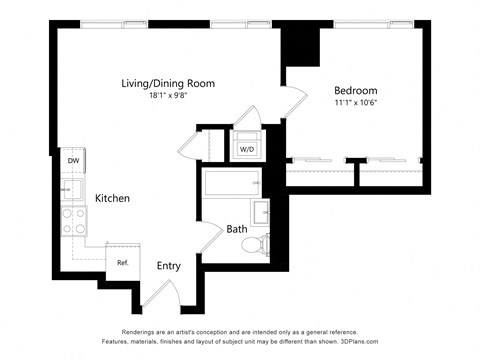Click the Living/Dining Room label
[x=168, y=83]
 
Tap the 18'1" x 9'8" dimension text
[x=168, y=97]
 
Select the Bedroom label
[x=356, y=89]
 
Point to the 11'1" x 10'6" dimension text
[x=356, y=102]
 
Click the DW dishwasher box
[x=73, y=160]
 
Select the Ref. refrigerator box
[x=122, y=262]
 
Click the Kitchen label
[x=112, y=198]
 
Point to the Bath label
[x=237, y=229]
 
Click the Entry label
[x=168, y=265]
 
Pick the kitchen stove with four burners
[x=74, y=220]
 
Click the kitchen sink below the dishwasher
[x=73, y=188]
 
